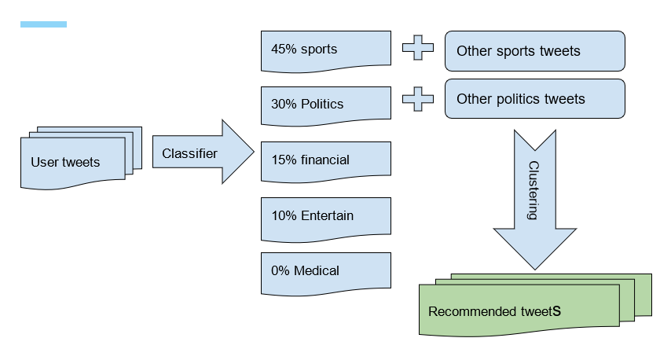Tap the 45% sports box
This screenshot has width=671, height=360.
click(325, 50)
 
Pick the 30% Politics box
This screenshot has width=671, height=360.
click(325, 104)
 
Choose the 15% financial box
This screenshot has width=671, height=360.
click(325, 160)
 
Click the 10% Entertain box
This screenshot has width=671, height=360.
click(325, 215)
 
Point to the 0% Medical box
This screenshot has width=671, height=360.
click(325, 271)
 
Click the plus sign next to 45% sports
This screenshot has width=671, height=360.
click(418, 48)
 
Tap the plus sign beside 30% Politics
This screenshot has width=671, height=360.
click(418, 99)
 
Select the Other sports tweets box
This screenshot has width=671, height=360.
click(534, 51)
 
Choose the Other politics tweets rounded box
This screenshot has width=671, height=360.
click(534, 99)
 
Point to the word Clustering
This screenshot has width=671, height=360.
click(533, 190)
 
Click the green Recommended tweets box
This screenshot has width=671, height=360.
click(519, 310)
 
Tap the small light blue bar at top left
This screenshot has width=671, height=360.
click(43, 24)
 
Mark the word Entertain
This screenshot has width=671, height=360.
click(328, 215)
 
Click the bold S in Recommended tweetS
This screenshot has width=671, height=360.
click(556, 310)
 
